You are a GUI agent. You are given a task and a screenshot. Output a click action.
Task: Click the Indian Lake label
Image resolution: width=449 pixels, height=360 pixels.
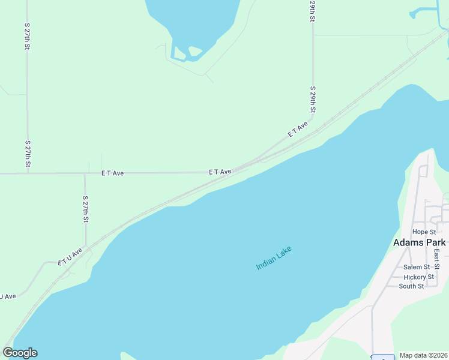(x=278, y=257)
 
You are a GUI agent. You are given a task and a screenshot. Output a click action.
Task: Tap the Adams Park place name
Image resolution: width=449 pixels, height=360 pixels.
(x=420, y=242)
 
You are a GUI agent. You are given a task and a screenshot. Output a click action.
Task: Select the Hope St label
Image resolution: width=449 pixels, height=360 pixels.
(x=423, y=232)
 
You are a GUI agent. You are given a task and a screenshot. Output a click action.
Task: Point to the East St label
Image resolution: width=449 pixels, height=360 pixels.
(x=437, y=259)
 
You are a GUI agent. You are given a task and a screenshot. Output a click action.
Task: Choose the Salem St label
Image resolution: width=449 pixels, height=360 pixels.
(x=417, y=267)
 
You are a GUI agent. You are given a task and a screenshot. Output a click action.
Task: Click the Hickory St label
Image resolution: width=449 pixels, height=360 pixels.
(x=418, y=277)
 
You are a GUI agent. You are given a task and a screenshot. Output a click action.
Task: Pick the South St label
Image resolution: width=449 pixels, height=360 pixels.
(x=411, y=286)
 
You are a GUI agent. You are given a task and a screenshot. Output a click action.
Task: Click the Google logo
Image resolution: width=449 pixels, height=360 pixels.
(x=20, y=353)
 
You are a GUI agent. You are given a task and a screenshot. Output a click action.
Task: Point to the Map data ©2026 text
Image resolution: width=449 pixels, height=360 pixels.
(x=423, y=355)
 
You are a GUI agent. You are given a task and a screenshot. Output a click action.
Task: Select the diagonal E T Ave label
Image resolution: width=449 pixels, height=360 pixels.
(x=298, y=129)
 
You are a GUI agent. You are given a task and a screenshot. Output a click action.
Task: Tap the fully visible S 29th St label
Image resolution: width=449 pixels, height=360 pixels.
(x=313, y=100)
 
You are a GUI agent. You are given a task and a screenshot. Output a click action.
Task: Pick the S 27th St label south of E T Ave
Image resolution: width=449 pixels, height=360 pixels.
(x=86, y=209)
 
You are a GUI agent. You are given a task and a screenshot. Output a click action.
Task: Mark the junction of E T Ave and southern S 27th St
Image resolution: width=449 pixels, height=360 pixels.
(x=85, y=173)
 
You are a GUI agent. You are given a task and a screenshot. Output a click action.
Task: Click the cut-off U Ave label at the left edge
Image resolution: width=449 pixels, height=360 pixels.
(x=7, y=296)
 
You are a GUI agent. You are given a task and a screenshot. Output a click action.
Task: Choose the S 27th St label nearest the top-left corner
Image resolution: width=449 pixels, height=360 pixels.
(x=28, y=37)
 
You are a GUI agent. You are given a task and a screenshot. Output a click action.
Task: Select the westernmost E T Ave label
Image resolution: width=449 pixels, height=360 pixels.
(x=112, y=173)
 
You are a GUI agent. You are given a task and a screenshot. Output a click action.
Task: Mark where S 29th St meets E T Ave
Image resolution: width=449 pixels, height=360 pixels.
(x=313, y=124)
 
